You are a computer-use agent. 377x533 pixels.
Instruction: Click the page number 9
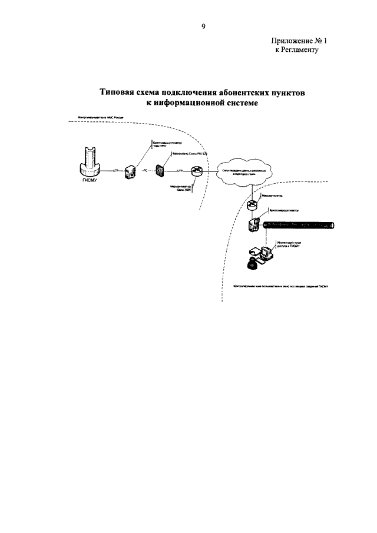pos(203,27)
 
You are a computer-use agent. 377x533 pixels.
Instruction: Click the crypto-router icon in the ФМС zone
pos(130,171)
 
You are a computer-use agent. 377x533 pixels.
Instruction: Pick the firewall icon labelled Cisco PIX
pos(160,170)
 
